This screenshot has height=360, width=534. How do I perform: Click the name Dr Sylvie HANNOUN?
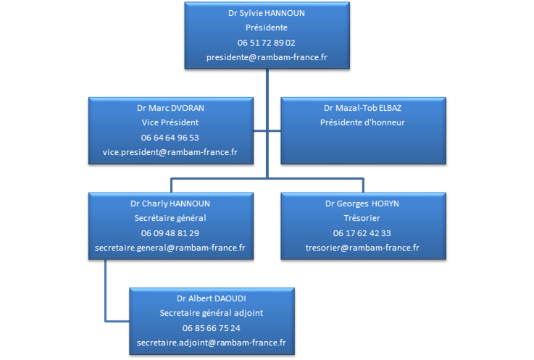(266, 13)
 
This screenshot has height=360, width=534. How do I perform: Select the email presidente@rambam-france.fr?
(266, 56)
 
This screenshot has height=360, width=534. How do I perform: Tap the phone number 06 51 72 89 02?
(266, 42)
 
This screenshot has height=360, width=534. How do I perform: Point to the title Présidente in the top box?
(266, 28)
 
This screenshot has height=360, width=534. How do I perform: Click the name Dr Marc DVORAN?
(170, 108)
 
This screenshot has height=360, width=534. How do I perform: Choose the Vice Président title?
(170, 122)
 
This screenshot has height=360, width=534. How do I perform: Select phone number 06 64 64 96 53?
(170, 137)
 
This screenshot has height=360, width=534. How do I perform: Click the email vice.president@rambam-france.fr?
(170, 151)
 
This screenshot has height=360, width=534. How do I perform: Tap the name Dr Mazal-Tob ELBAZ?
(362, 108)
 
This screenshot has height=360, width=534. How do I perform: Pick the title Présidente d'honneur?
(362, 122)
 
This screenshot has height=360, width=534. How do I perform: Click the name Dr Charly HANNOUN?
(170, 204)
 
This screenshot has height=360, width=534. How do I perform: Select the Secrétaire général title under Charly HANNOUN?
(170, 218)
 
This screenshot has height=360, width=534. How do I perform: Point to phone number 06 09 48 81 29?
(170, 233)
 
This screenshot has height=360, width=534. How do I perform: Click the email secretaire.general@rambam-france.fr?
(170, 247)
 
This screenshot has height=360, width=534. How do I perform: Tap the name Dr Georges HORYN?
(362, 204)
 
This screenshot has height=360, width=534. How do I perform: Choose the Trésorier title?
(362, 218)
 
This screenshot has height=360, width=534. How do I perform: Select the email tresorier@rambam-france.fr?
(362, 247)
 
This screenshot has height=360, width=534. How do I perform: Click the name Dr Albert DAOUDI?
(212, 298)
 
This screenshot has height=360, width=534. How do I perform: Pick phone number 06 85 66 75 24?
(212, 327)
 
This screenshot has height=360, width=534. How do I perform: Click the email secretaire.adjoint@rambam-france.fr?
(212, 342)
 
